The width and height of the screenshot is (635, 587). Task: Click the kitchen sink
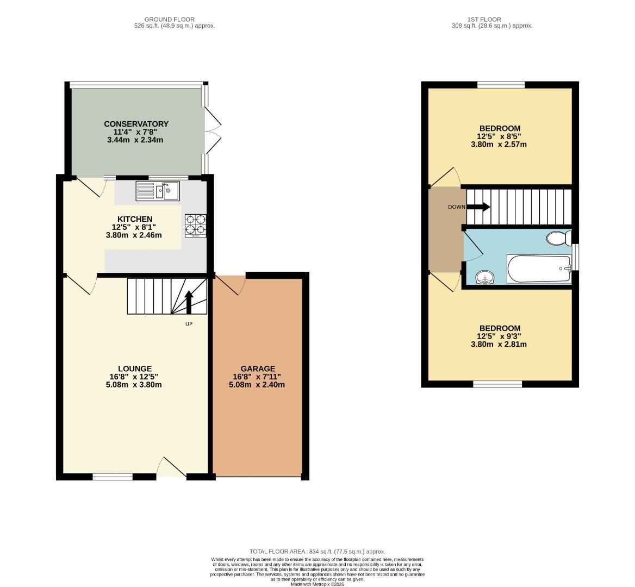pos(158,191)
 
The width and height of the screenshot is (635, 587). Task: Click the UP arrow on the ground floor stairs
pos(189,302)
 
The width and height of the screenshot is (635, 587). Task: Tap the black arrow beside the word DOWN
pos(479,207)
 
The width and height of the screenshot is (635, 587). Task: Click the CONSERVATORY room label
pos(136,124)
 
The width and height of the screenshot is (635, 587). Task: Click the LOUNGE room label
pos(135,369)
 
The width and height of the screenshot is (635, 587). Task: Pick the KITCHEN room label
pos(135,219)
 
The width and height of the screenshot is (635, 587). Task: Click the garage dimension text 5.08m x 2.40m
pos(257,384)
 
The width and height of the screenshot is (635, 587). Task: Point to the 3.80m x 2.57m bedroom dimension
pos(499,145)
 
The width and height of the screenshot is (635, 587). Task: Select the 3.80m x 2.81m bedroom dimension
pos(499,344)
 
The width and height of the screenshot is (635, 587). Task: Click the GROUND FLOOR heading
pos(170,20)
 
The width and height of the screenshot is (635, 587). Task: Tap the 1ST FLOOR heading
pos(492,20)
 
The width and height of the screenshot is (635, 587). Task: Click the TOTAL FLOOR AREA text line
pos(317,551)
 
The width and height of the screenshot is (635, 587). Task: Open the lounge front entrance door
pos(171,468)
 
